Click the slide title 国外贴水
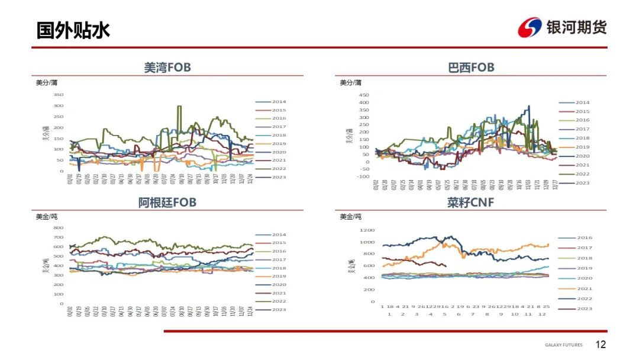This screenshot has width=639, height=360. point(73,30)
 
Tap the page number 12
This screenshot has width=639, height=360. point(601,345)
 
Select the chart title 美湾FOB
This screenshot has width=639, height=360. point(167,67)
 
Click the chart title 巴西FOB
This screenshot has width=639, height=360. point(471,67)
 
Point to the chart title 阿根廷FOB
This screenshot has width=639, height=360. point(167,202)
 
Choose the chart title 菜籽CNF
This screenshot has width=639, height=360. point(471,203)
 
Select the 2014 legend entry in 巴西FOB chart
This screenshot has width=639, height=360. point(582,102)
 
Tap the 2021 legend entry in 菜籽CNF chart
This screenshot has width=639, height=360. point(584,288)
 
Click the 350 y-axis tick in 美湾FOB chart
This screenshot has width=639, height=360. point(59,95)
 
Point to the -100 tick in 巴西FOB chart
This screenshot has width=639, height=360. point(363,176)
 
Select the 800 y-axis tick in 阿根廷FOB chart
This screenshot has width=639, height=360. point(58,227)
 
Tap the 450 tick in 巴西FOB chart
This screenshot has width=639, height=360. point(364,95)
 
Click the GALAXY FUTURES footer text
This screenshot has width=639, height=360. point(563,345)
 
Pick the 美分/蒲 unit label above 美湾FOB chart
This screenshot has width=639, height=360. point(47,83)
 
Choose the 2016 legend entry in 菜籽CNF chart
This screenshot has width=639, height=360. point(584,238)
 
